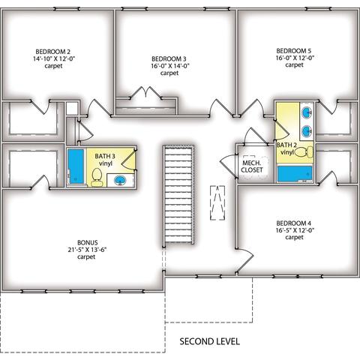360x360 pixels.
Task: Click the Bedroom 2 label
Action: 53,52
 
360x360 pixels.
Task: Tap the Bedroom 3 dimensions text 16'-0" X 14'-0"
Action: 169,66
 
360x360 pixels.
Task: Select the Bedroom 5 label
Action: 294,51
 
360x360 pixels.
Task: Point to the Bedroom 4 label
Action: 294,223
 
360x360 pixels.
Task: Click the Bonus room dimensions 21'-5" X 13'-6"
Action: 87,250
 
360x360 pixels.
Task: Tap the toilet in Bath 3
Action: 97,177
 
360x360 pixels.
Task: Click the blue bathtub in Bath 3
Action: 75,166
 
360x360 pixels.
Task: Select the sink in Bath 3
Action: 120,180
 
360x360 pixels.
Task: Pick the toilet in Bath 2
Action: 304,152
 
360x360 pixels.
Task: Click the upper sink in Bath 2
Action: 307,112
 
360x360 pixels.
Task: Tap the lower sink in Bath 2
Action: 307,130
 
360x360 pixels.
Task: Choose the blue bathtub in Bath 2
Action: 295,174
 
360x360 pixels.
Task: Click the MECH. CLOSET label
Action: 252,166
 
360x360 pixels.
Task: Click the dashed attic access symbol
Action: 217,202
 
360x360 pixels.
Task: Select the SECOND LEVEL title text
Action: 209,341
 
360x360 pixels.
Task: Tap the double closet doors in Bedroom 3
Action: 145,92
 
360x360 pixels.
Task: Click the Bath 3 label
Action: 105,156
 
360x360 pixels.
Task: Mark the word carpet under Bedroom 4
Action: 294,237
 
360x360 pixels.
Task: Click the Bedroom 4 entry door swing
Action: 246,260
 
